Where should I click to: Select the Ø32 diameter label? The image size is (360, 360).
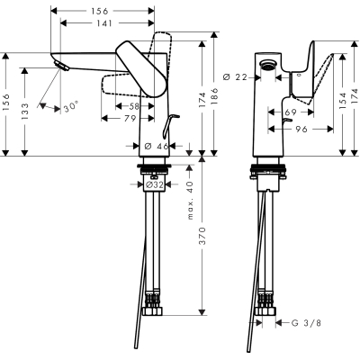pos(157,186)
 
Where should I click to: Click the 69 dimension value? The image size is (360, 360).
pos(290,112)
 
